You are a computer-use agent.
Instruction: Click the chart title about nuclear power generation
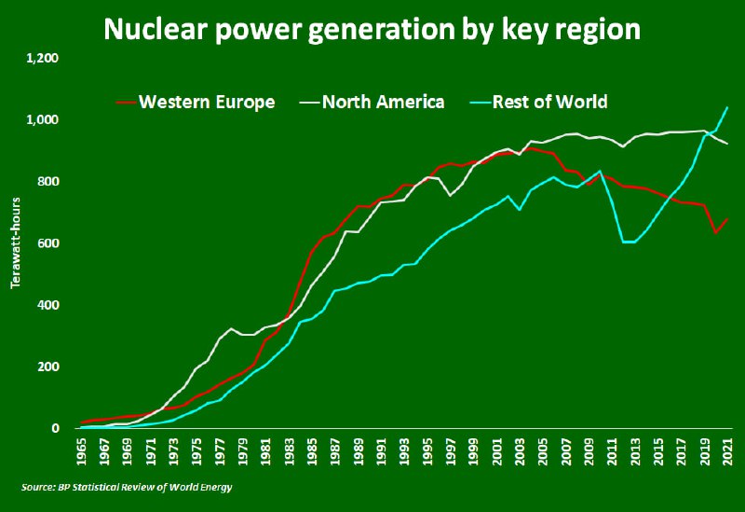[372, 28]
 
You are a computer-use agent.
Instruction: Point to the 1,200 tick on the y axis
[43, 58]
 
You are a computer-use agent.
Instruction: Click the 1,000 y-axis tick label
[43, 120]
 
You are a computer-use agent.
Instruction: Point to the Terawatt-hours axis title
[15, 242]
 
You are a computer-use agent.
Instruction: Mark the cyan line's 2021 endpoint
[727, 107]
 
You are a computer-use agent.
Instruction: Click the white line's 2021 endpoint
[727, 143]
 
